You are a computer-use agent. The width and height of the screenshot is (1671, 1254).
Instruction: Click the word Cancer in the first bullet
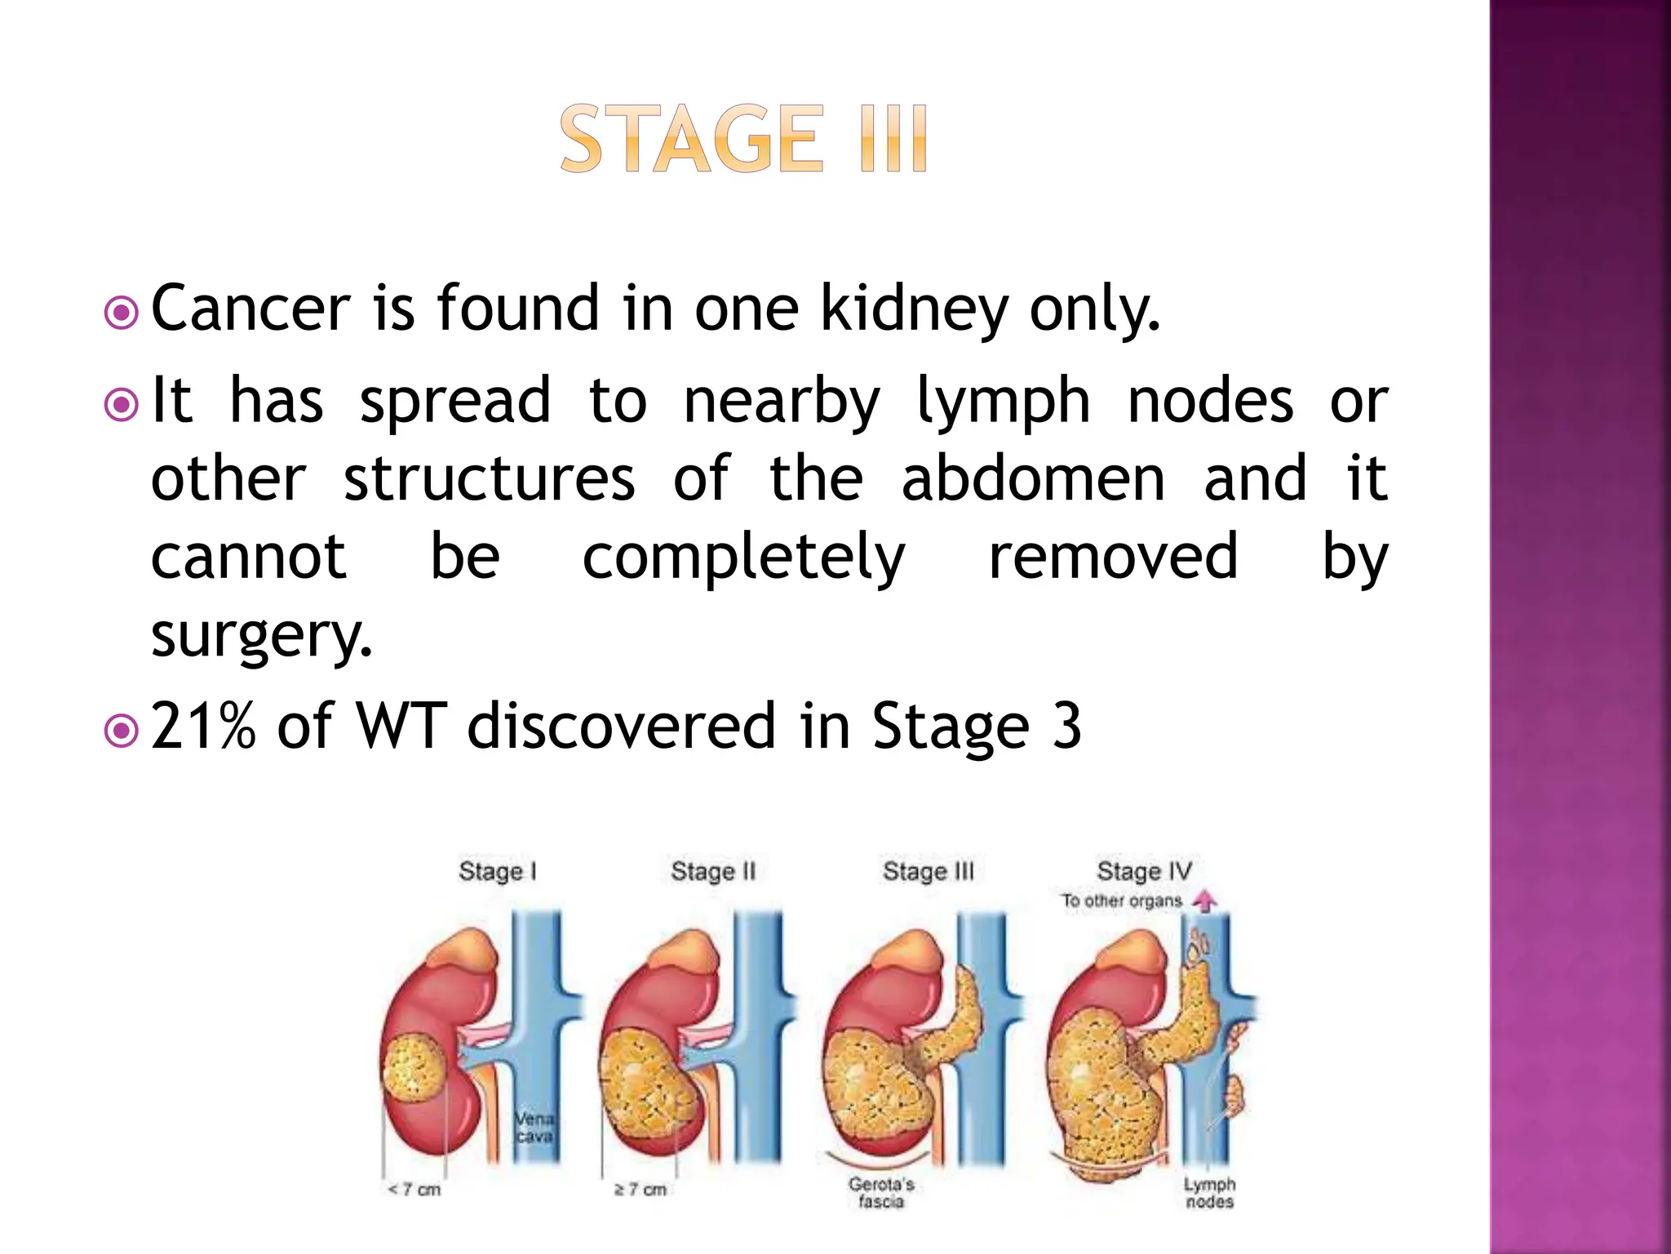250,309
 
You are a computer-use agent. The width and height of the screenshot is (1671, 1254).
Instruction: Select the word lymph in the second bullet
1003,402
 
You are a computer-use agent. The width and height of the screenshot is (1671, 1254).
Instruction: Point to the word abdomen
1033,478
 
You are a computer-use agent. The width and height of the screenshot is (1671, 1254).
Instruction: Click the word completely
743,558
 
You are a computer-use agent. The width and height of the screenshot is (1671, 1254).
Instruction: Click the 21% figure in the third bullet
203,726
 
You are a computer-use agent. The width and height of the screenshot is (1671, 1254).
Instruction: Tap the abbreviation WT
401,726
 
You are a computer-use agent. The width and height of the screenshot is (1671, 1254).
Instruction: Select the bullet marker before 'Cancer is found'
122,313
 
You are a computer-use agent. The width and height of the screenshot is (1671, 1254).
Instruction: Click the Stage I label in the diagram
498,871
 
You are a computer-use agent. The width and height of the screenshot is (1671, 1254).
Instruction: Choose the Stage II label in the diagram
713,871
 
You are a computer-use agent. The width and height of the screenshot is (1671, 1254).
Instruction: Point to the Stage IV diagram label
1144,871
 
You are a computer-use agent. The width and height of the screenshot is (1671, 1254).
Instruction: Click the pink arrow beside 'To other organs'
1205,900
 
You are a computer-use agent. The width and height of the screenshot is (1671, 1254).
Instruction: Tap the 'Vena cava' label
534,1127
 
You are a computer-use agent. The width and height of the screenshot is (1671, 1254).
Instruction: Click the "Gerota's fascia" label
881,1193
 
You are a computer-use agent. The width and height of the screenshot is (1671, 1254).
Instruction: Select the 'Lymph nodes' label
1209,1193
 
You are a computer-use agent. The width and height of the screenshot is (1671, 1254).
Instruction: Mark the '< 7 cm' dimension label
414,1190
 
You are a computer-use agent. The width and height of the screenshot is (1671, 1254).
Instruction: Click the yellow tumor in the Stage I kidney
414,1078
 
